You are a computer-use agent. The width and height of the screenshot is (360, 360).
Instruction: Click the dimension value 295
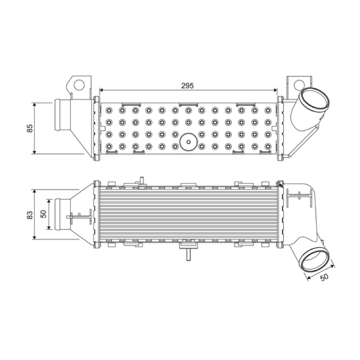pyautogui.click(x=187, y=85)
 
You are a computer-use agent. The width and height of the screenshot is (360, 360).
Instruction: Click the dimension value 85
pyautogui.click(x=30, y=128)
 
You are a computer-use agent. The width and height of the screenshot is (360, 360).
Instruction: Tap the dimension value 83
pyautogui.click(x=30, y=215)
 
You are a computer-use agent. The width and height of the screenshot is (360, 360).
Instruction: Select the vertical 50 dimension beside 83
pyautogui.click(x=44, y=214)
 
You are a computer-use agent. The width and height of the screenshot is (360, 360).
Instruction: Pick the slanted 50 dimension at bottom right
pyautogui.click(x=324, y=277)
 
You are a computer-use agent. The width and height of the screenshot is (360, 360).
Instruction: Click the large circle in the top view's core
pyautogui.click(x=189, y=142)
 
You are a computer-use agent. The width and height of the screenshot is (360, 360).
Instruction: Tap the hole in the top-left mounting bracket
pyautogui.click(x=79, y=84)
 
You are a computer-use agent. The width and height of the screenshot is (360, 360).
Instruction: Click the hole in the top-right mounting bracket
pyautogui.click(x=299, y=85)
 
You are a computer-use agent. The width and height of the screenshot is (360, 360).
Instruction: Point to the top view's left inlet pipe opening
pyautogui.click(x=57, y=115)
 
